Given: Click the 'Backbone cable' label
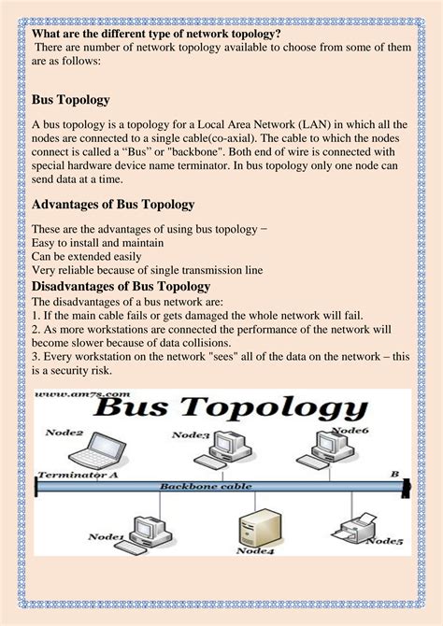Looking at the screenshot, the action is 198,486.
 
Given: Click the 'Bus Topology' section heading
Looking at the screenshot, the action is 71,99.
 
